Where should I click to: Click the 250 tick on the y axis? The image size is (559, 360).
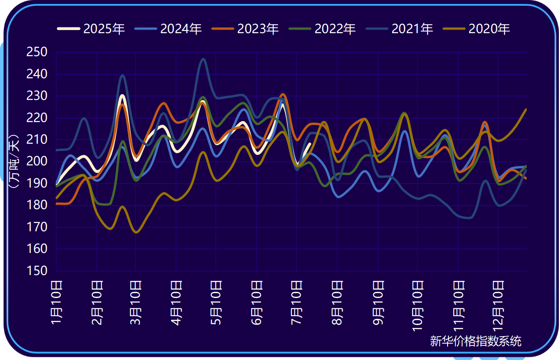coord(38,52)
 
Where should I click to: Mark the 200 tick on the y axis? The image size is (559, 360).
coord(38,161)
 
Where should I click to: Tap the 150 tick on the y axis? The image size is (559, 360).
coord(38,271)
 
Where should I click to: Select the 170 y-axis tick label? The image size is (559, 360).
coord(38,227)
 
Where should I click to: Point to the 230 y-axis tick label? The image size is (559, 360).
coord(38,96)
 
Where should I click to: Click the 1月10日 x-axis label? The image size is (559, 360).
coord(57,302)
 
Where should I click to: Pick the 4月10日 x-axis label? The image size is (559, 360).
coord(176,302)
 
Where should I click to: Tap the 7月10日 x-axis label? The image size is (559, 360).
coord(296,302)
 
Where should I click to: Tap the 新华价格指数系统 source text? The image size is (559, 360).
coord(475,341)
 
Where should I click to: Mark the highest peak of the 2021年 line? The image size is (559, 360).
coord(203,59)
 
